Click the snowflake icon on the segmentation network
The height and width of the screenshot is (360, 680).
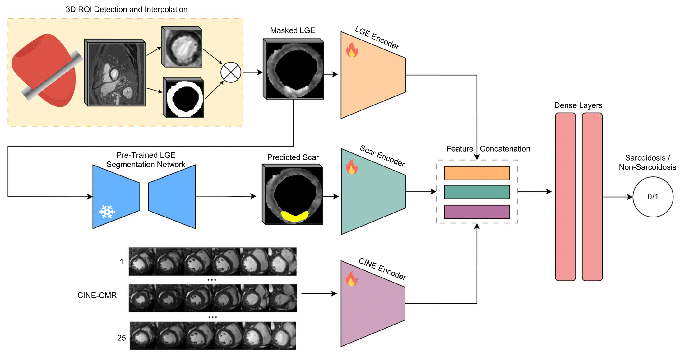click(x=107, y=212)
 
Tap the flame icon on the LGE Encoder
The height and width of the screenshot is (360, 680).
click(x=352, y=50)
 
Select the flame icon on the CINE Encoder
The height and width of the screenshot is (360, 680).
click(x=351, y=279)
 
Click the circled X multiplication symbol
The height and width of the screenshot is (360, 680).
click(x=231, y=72)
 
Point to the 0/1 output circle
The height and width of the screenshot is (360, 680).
click(x=653, y=197)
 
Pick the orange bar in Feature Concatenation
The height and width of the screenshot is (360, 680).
click(x=477, y=173)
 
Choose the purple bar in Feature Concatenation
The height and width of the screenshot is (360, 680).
click(x=477, y=212)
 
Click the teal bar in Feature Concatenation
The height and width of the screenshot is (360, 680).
click(x=477, y=192)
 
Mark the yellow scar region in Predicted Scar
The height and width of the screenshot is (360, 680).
click(x=294, y=216)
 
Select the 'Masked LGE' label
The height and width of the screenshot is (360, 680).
click(x=292, y=30)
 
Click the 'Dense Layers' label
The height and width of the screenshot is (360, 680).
click(x=578, y=105)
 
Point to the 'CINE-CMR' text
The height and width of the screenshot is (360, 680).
click(x=97, y=295)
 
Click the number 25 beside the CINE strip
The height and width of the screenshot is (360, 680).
click(x=121, y=338)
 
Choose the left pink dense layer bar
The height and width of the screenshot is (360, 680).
click(x=565, y=197)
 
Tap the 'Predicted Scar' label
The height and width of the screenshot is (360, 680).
click(x=293, y=157)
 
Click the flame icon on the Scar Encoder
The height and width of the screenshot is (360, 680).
click(x=352, y=167)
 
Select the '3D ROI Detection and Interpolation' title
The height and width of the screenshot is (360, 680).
click(x=127, y=9)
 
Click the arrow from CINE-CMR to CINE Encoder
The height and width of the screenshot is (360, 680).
click(x=319, y=293)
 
